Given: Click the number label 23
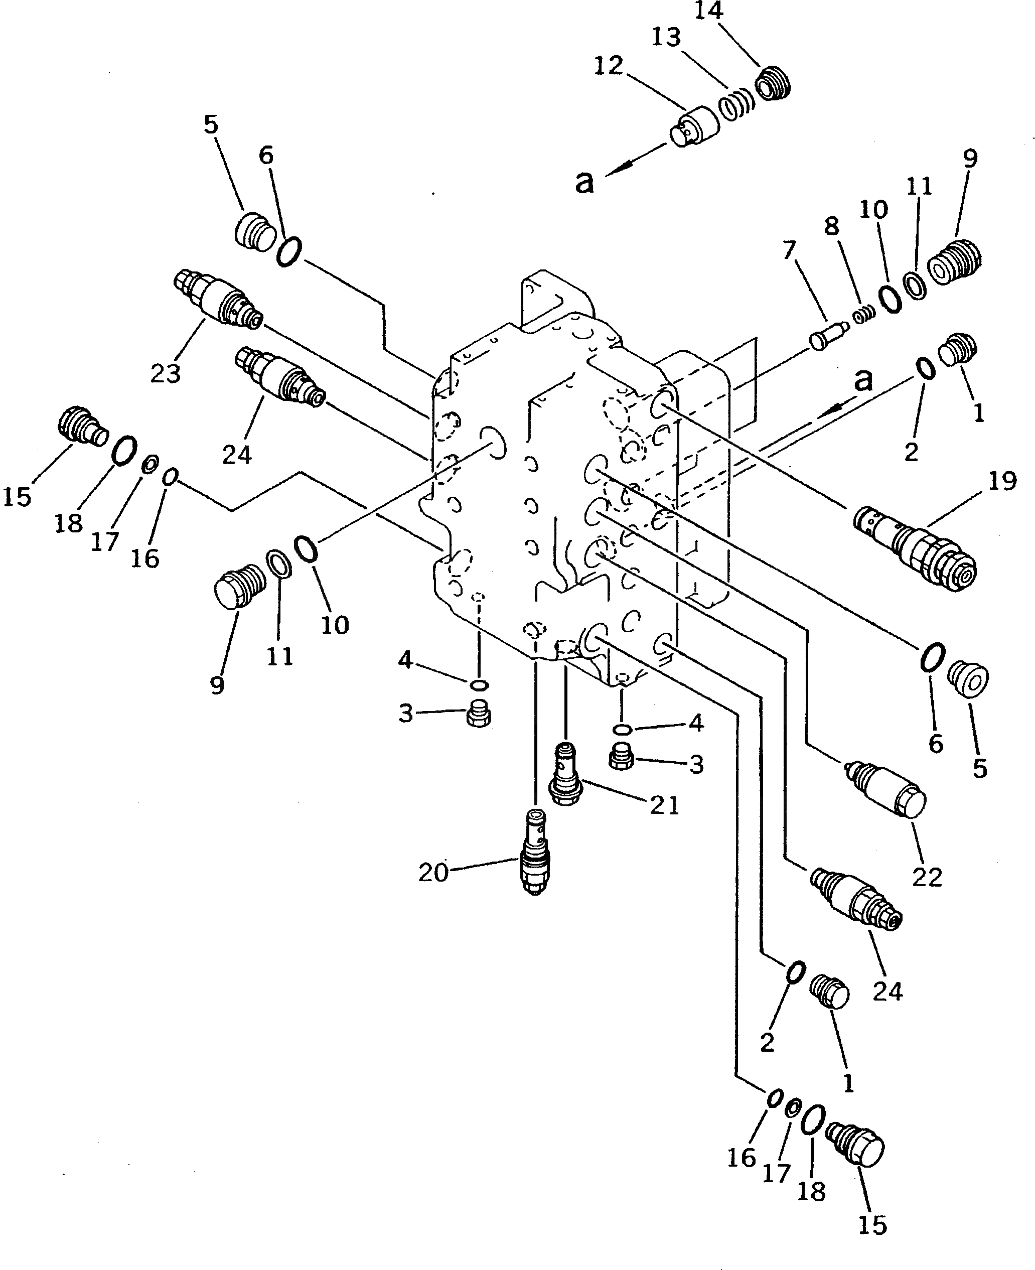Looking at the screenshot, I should coord(165,374).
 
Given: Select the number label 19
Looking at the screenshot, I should coord(1001,481).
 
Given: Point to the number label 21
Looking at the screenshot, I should coord(664,805).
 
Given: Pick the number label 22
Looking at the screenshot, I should coord(927,877).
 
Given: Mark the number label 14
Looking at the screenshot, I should coord(709,11).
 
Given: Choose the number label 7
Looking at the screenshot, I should coord(789,250).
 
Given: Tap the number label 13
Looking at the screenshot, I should coord(666,37).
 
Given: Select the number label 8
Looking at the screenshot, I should coord(832,226).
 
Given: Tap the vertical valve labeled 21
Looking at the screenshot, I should coord(564,775).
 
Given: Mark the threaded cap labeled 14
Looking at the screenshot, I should coord(774,83).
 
